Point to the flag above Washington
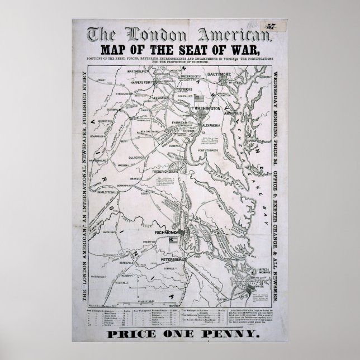click(200, 97)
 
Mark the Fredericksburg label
click(173, 167)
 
